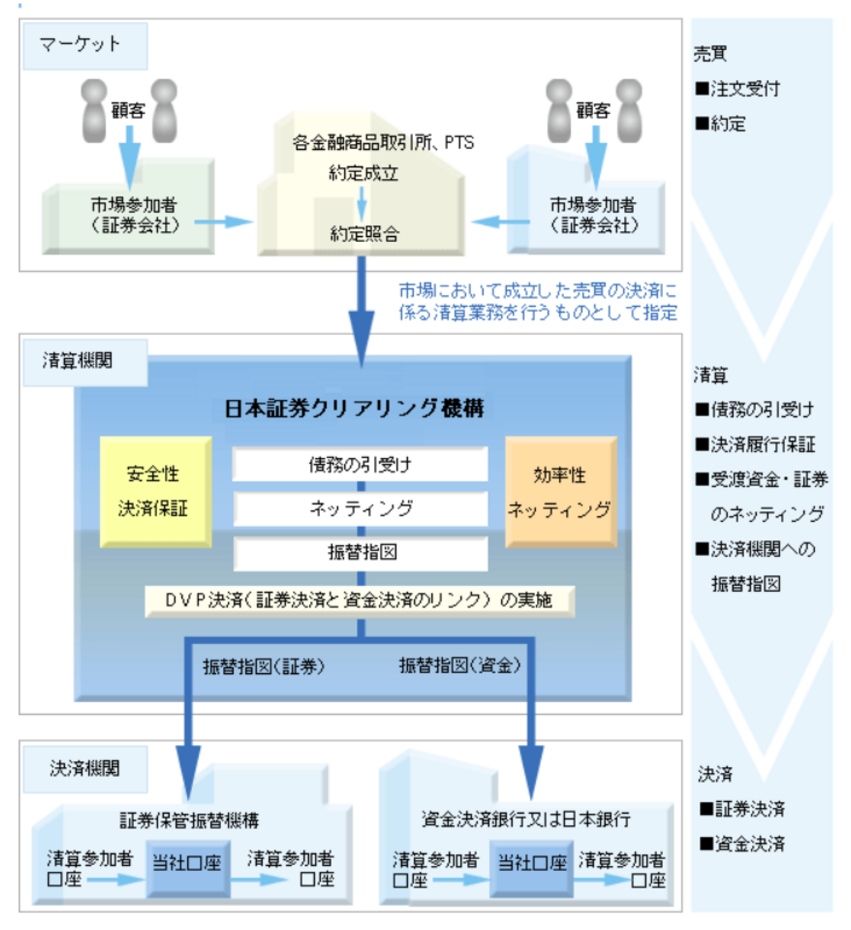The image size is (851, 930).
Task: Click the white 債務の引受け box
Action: point(360,465)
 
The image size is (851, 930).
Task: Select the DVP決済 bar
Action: point(359,601)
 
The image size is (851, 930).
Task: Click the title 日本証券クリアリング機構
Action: point(354,408)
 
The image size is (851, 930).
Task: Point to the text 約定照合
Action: point(364,234)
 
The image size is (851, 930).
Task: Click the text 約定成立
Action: point(363,173)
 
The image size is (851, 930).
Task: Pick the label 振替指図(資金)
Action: point(460,666)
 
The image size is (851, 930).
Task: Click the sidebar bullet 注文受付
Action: point(738,89)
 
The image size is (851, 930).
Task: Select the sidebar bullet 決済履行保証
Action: point(755,445)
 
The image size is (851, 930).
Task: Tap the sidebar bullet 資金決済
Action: point(742,844)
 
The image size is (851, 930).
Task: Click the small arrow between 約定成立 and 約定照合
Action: point(362,204)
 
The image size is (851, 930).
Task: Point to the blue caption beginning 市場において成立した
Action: point(537,302)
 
